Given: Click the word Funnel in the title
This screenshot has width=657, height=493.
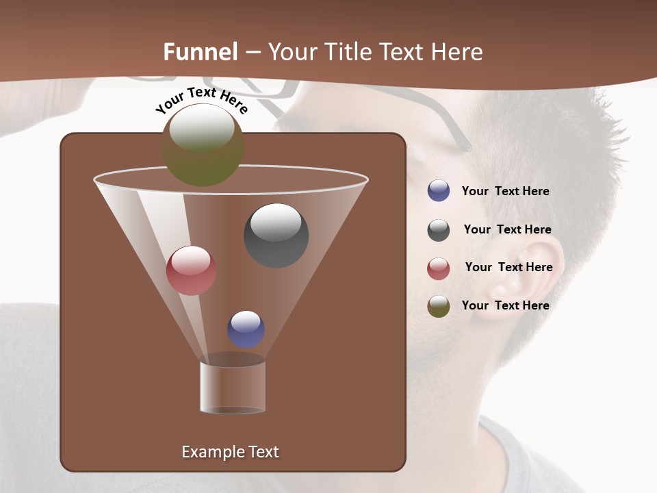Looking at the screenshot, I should click(201, 52).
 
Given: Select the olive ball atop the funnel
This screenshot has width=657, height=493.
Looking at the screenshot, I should click(203, 144).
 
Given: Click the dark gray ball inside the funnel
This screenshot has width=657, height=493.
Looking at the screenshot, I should click(276, 235).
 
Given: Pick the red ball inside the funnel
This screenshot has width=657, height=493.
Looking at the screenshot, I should click(191, 270).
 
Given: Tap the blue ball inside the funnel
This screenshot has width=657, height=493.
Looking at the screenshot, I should click(246, 329).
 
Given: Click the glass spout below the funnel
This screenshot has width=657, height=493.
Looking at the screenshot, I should click(232, 387).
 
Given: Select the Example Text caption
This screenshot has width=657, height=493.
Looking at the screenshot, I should click(230, 452).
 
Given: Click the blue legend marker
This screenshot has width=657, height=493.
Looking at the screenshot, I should click(439, 191).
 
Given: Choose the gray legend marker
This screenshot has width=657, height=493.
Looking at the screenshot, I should click(439, 230).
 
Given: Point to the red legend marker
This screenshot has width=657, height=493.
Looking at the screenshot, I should click(439, 268).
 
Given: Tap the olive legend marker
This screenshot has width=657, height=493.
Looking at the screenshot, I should click(439, 306).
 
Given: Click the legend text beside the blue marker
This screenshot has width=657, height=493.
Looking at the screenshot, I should click(505, 191).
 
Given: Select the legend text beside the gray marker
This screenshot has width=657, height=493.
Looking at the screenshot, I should click(507, 229).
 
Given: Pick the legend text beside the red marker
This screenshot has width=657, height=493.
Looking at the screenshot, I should click(508, 267).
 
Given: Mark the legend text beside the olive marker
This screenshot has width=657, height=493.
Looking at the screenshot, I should click(505, 305).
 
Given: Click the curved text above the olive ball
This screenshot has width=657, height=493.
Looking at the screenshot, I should click(202, 100).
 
